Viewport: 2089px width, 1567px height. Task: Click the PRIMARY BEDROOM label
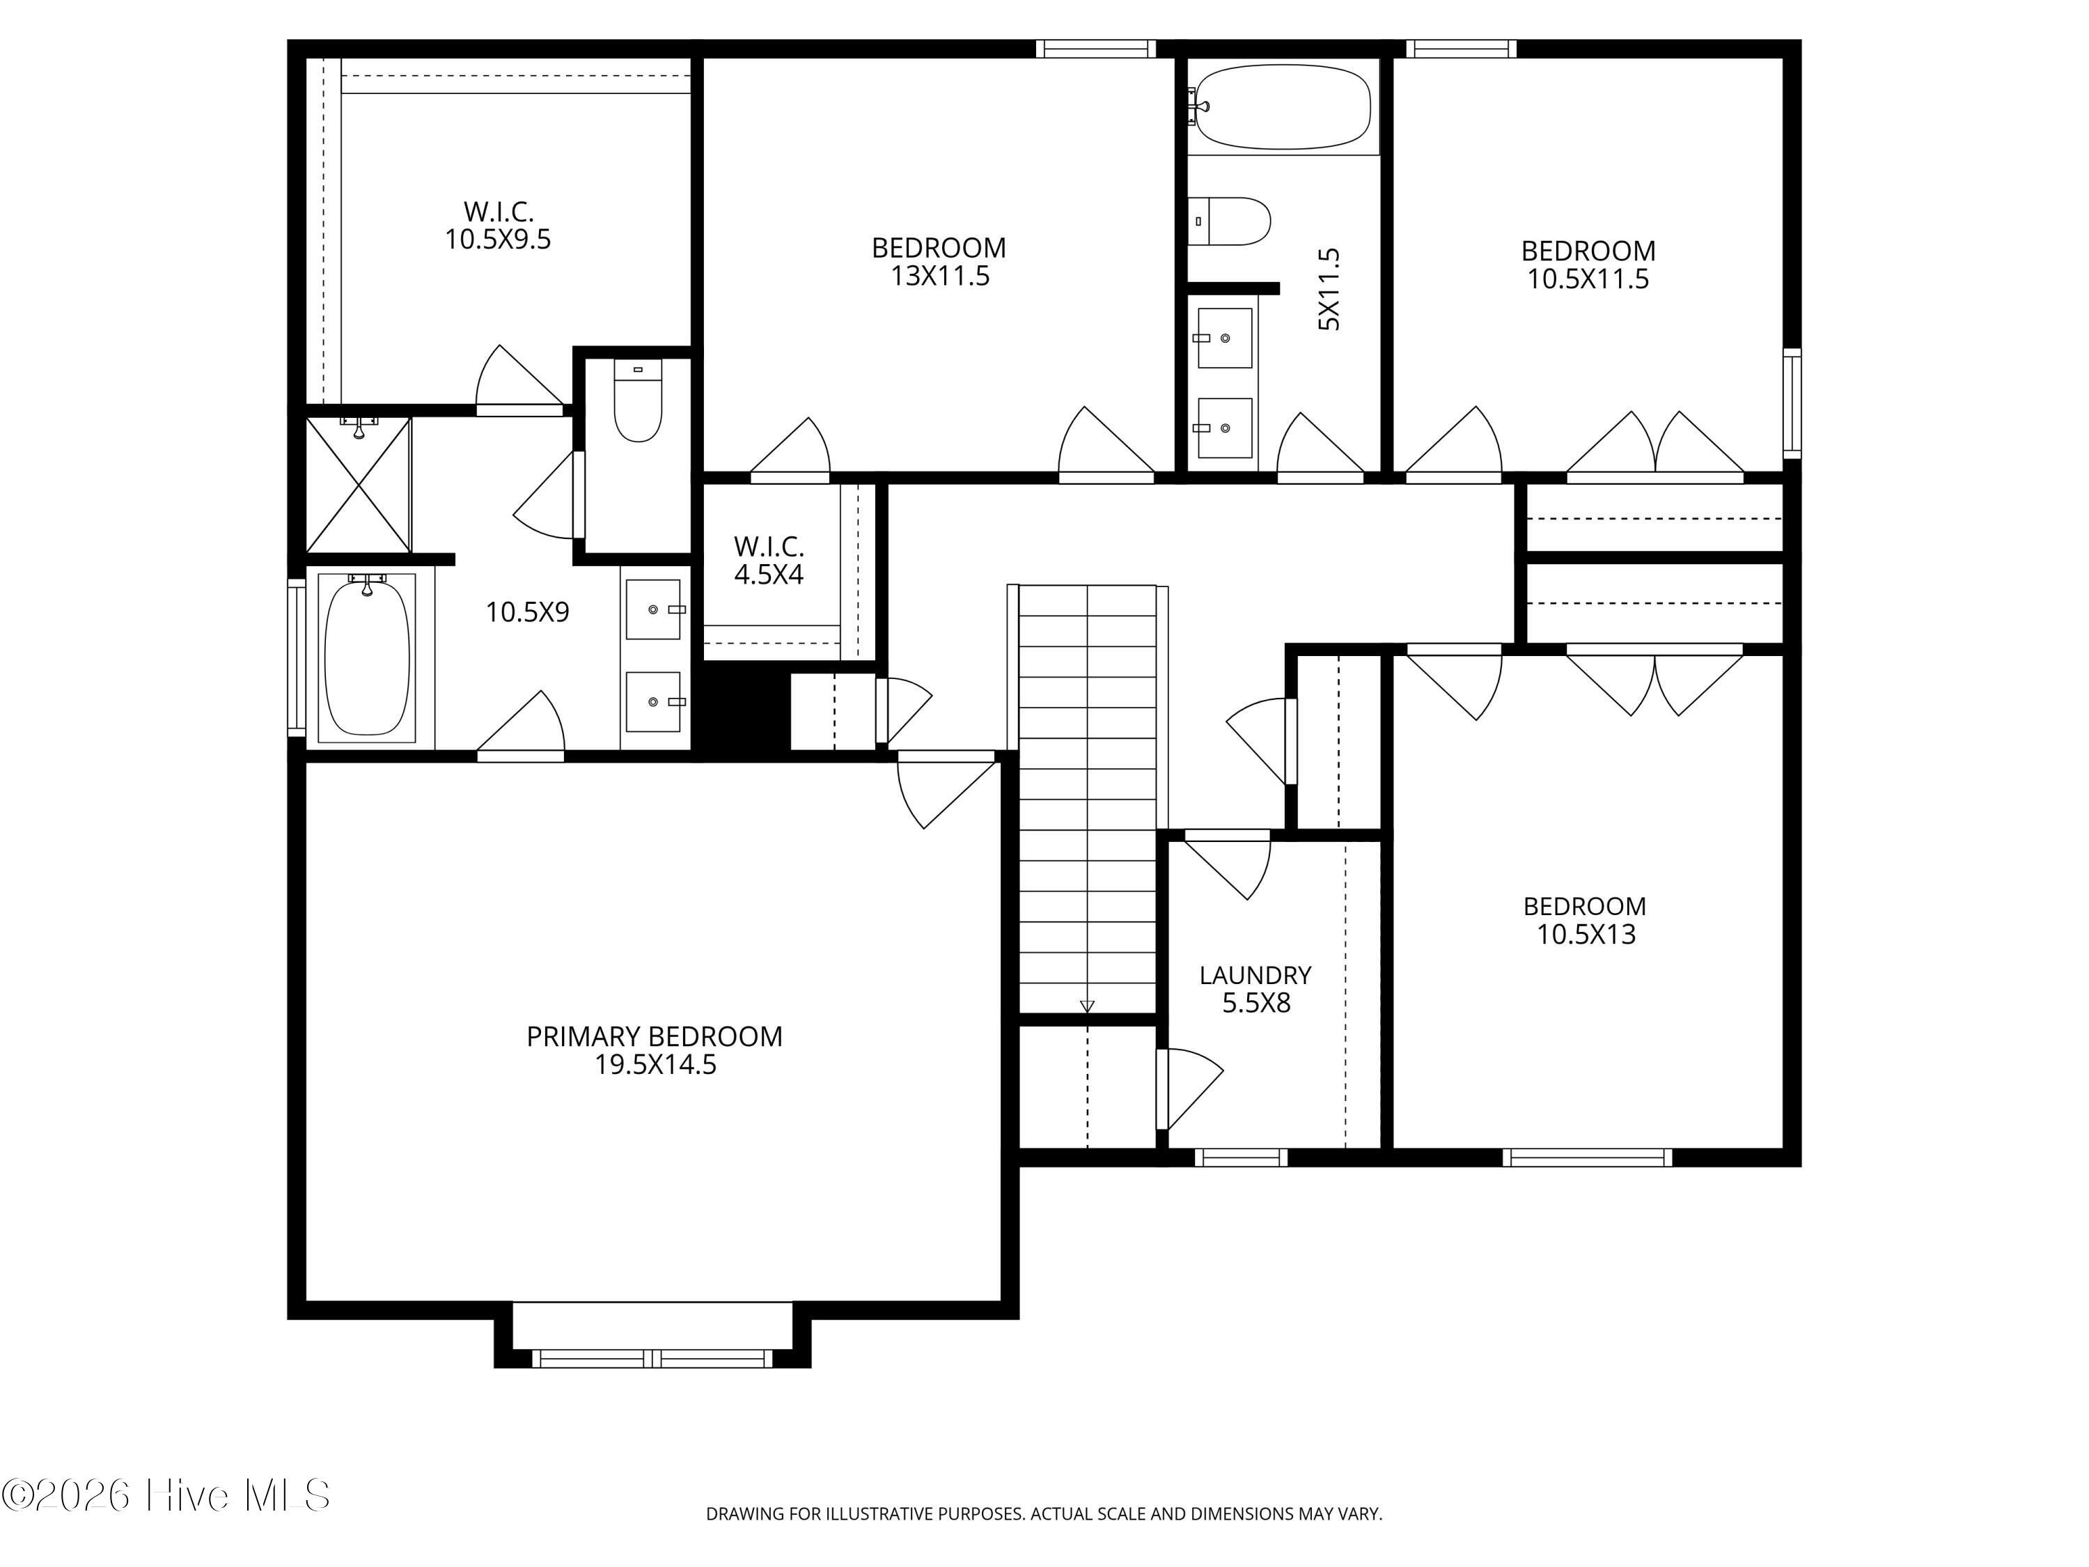pos(655,1036)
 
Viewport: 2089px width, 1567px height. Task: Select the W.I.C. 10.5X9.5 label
pos(498,225)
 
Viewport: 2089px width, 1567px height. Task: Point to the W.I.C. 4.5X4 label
pos(769,560)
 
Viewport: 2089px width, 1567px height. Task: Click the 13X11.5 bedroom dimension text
pos(939,276)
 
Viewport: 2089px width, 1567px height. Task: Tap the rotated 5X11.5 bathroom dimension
pos(1329,289)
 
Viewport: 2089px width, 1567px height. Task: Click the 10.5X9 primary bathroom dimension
pos(527,612)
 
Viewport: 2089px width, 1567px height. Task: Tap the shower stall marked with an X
pos(358,485)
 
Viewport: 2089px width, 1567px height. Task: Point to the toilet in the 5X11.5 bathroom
pos(1228,221)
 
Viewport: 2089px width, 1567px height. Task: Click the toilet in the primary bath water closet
pos(637,401)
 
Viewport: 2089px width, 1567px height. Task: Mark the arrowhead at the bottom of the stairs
pos(1087,1006)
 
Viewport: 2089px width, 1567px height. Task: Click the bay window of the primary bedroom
pos(652,1358)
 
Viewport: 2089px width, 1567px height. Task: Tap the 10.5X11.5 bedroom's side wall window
pos(1792,403)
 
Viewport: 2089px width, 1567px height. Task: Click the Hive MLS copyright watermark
pos(166,1495)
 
